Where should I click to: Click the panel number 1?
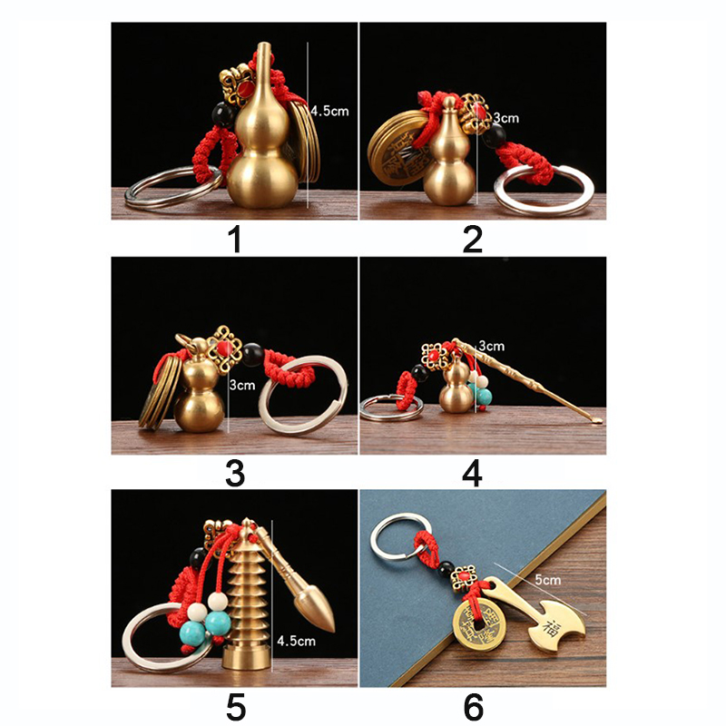click(236, 240)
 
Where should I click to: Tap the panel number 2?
click(473, 240)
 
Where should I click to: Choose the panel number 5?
click(236, 707)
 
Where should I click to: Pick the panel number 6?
click(473, 707)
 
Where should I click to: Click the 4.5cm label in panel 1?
click(329, 111)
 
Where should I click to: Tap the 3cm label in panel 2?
click(505, 118)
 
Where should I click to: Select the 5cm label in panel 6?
click(548, 580)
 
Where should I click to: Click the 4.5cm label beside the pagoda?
click(296, 641)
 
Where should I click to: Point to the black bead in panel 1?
click(223, 116)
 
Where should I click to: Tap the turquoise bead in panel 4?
click(485, 395)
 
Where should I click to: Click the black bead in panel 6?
click(446, 568)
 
